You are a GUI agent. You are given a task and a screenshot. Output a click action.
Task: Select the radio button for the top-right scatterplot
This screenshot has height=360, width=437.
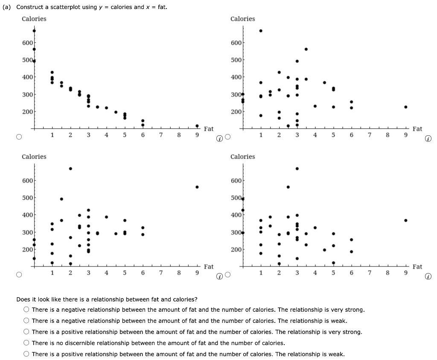[227, 137]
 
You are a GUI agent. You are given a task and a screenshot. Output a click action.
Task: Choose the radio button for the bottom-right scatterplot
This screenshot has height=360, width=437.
[227, 275]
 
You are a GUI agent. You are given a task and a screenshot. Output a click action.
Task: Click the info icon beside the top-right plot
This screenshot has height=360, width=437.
[428, 138]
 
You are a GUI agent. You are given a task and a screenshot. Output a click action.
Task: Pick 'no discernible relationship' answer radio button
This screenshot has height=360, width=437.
[26, 343]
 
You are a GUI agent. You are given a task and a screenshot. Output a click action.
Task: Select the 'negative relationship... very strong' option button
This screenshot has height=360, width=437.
[26, 310]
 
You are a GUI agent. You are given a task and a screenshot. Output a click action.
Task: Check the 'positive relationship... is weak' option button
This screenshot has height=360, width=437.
[26, 354]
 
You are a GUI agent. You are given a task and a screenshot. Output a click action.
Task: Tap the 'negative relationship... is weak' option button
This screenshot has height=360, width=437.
[26, 321]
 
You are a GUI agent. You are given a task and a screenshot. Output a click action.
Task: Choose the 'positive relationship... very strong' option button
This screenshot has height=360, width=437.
[26, 332]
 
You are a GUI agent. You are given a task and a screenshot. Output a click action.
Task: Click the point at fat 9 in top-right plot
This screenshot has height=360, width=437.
[406, 107]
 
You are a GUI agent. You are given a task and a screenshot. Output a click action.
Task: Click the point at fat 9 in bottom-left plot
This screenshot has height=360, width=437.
[197, 187]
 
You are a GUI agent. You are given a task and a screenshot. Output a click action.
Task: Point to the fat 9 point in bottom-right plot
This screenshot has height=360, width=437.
[406, 220]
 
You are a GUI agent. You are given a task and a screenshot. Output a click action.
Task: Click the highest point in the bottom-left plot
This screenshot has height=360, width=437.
[70, 168]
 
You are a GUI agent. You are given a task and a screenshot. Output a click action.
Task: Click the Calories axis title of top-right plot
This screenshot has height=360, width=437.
[242, 19]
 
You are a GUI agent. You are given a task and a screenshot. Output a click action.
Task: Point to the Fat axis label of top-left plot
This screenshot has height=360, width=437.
[209, 129]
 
